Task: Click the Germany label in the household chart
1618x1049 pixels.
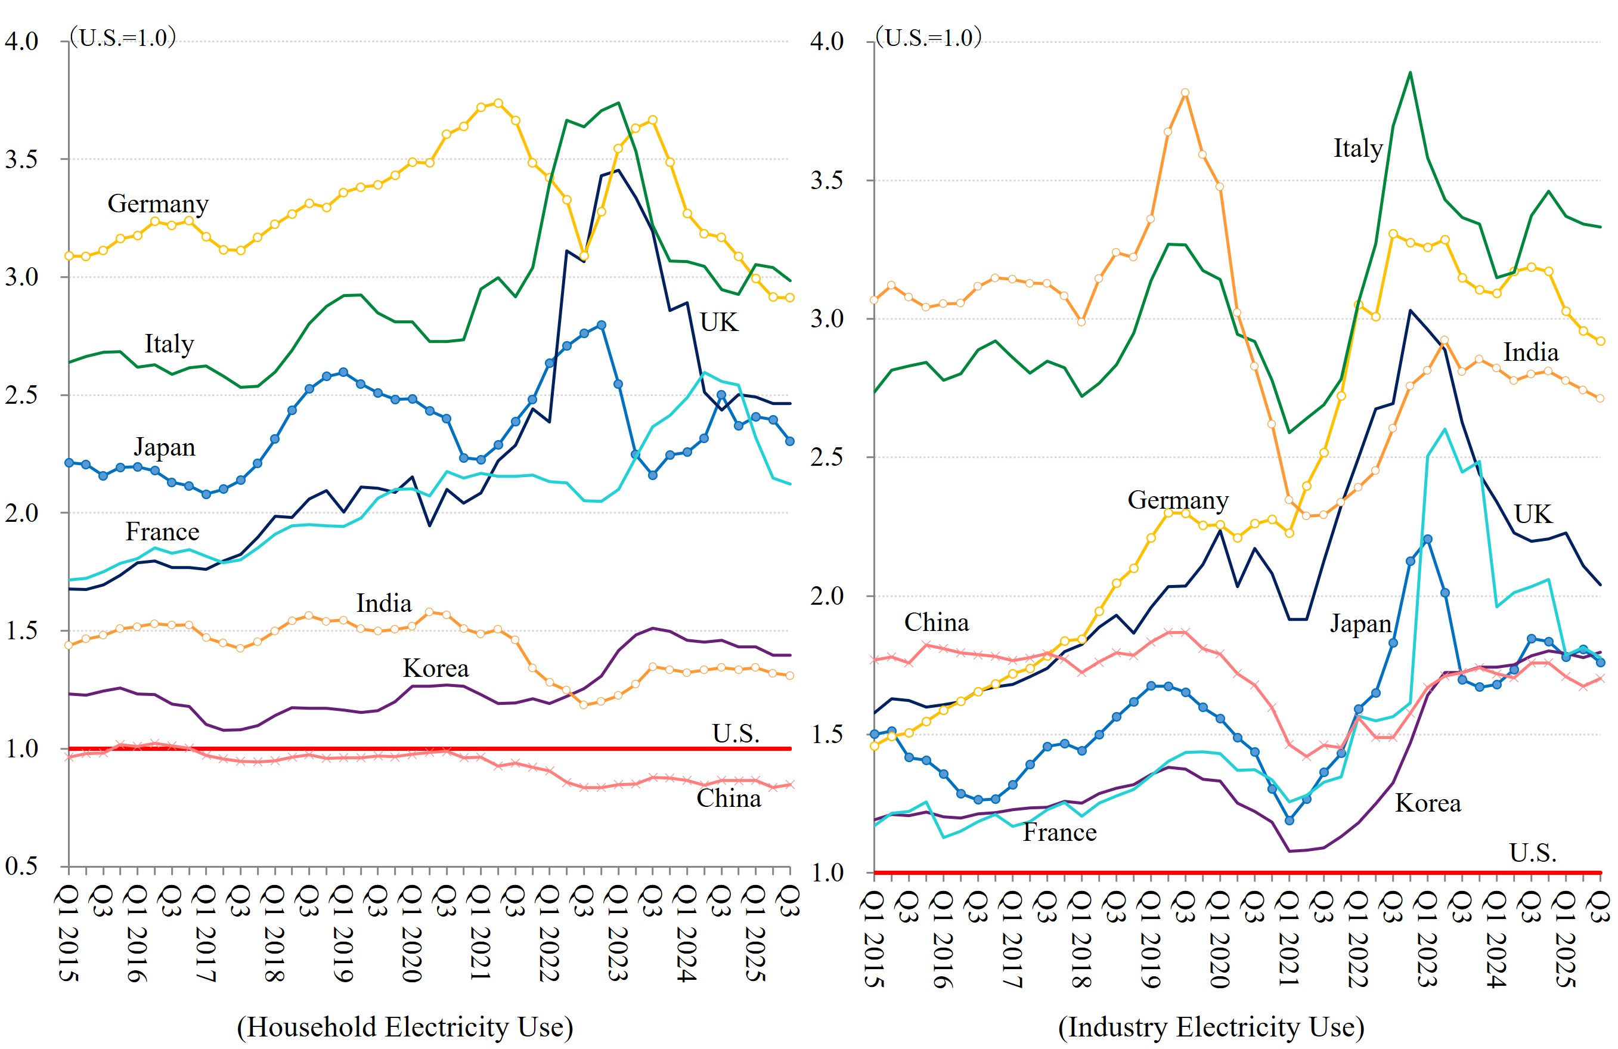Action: (158, 204)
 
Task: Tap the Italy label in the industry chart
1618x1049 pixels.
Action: (1357, 148)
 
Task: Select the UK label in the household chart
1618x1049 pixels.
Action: (718, 322)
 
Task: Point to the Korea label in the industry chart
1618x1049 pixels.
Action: (1428, 803)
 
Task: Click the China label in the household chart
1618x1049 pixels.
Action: (728, 798)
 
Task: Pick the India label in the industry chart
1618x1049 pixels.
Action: (1530, 352)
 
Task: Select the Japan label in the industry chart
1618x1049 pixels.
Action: (1360, 623)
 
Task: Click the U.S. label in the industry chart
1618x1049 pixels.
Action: (1532, 853)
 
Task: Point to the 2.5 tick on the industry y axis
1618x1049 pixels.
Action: (826, 457)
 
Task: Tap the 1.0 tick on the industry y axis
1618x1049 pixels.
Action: (826, 873)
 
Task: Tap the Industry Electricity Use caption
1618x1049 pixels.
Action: (1211, 1026)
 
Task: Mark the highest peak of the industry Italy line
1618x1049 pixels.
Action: (1410, 72)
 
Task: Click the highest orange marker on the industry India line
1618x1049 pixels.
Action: (1185, 92)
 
